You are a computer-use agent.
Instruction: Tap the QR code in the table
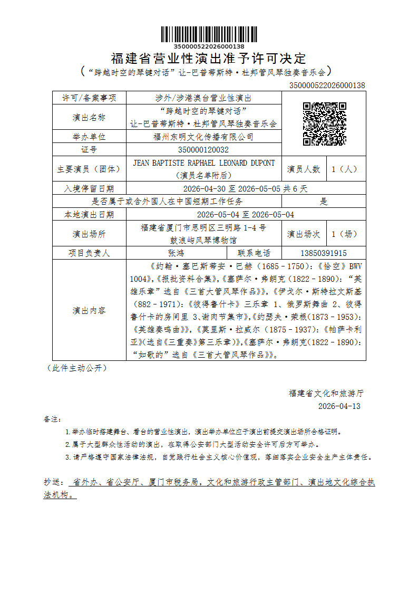324,124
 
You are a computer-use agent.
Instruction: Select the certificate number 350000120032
204,150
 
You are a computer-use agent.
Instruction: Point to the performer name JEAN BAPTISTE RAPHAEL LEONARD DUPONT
204,163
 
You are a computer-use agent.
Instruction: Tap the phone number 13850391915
324,253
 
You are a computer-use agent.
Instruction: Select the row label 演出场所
89,234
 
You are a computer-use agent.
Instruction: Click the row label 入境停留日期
89,188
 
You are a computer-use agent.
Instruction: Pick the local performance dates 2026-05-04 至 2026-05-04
246,215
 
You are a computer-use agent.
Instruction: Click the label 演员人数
304,169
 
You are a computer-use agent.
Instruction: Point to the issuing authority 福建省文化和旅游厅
326,393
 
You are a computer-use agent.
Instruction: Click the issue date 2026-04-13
339,406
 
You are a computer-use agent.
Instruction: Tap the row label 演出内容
89,310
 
